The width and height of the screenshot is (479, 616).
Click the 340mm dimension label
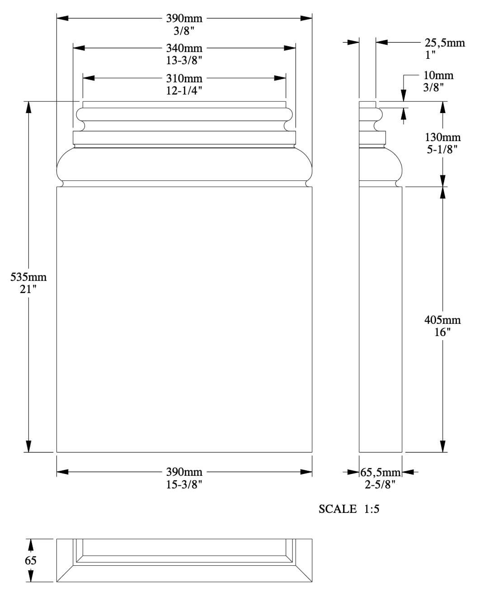point(184,48)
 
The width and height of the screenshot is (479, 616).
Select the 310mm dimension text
point(184,78)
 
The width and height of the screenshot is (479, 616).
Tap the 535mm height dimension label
point(28,277)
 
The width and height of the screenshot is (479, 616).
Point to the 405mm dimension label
point(442,320)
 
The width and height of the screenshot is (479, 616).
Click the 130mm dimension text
point(442,137)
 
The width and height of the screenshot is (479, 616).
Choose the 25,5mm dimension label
point(445,43)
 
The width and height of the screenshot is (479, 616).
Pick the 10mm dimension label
point(438,76)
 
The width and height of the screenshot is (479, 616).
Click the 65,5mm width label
point(380,473)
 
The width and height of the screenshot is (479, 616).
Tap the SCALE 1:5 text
point(349,509)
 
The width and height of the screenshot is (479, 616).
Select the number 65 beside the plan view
point(30,560)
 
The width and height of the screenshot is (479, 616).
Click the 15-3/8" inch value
point(184,484)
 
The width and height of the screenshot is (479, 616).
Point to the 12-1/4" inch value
point(184,90)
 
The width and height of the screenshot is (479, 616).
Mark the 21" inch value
point(28,289)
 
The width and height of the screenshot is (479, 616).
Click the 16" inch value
point(442,332)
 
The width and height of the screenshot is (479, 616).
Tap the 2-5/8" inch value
point(380,485)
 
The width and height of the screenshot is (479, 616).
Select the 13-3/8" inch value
point(184,60)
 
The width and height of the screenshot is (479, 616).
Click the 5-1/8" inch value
point(442,149)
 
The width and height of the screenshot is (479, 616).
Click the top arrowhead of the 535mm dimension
point(28,107)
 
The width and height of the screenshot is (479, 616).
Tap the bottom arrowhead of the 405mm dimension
point(442,446)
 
